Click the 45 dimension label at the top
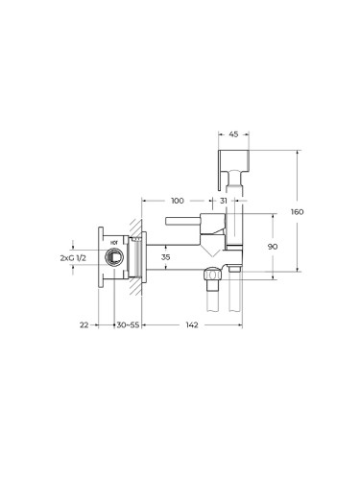[x=233, y=134]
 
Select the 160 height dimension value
[x=297, y=212]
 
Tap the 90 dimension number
[x=273, y=247]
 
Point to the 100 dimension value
[x=178, y=201]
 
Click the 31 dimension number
[x=224, y=201]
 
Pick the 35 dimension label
[x=165, y=257]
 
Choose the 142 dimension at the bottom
[x=192, y=324]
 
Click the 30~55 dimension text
[x=128, y=324]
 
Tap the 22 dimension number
[x=84, y=324]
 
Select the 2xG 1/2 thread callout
[x=73, y=258]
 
